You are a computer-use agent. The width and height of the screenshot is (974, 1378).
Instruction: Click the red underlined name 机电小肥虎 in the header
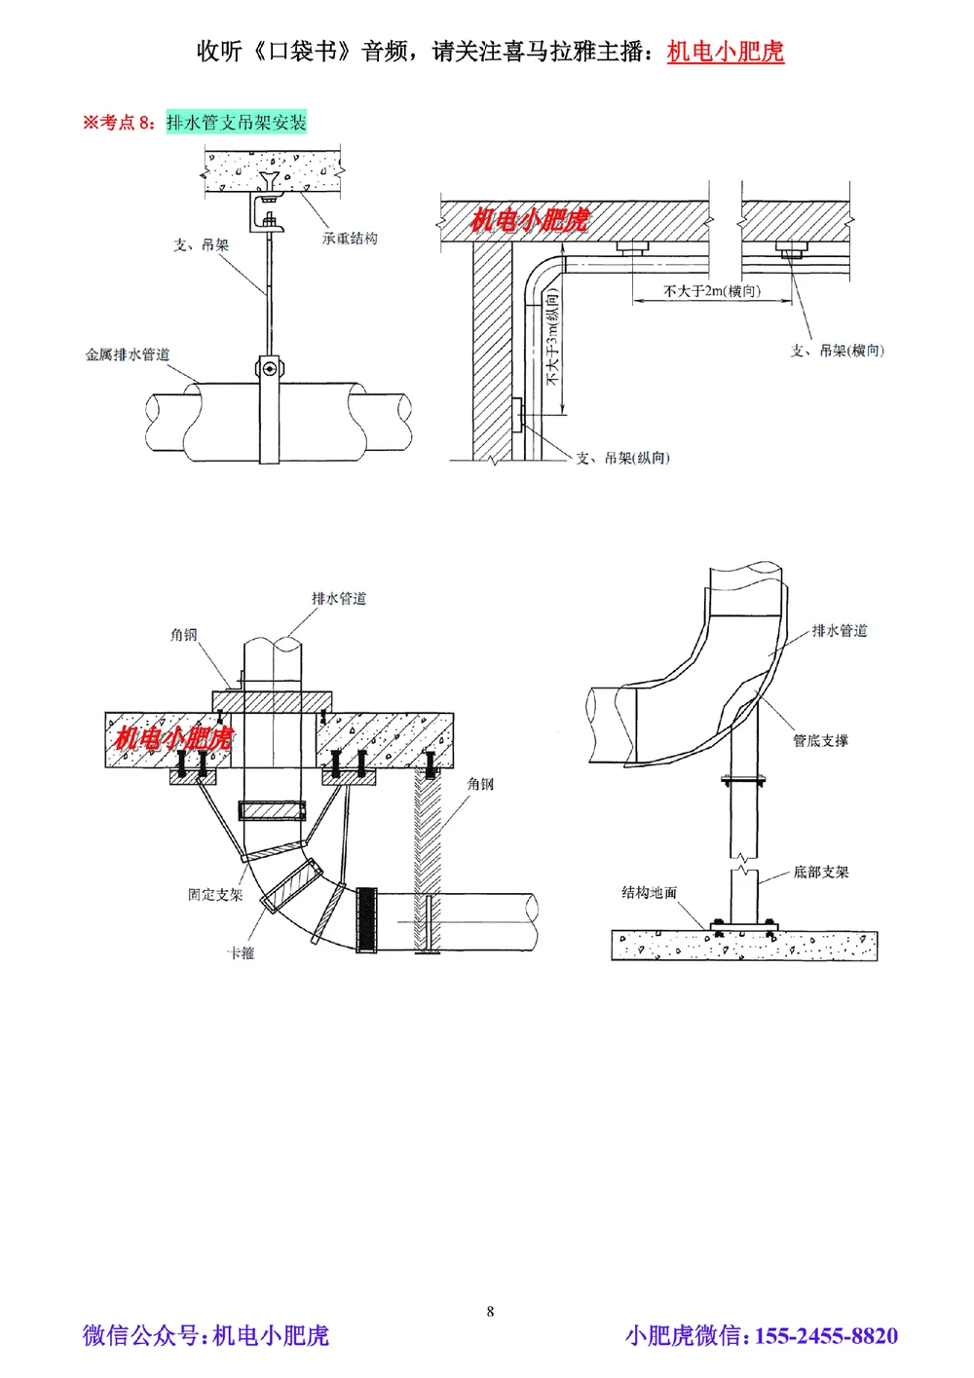pyautogui.click(x=725, y=52)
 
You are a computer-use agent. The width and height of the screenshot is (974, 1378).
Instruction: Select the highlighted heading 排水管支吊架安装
pyautogui.click(x=236, y=123)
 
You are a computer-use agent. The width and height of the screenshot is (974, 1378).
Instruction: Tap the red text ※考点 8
pyautogui.click(x=118, y=123)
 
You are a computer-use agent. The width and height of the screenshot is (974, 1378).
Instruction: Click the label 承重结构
pyautogui.click(x=350, y=239)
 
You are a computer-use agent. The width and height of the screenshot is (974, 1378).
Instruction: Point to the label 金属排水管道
pyautogui.click(x=127, y=354)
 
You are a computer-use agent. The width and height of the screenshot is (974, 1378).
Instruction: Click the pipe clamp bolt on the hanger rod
pyautogui.click(x=267, y=368)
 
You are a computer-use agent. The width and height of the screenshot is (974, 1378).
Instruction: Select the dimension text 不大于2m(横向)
pyautogui.click(x=712, y=290)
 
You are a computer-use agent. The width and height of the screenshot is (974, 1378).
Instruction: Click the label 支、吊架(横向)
pyautogui.click(x=837, y=351)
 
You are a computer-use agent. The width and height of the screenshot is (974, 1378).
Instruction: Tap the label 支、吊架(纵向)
pyautogui.click(x=622, y=458)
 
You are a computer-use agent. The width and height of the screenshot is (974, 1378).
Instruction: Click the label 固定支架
pyautogui.click(x=214, y=894)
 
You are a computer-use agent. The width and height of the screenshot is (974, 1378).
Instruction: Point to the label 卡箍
pyautogui.click(x=241, y=953)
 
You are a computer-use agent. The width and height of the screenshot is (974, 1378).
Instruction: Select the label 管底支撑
pyautogui.click(x=820, y=741)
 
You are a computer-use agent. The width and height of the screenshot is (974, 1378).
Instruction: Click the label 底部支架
pyautogui.click(x=820, y=873)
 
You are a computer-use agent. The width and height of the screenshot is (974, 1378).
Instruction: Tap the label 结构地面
pyautogui.click(x=649, y=892)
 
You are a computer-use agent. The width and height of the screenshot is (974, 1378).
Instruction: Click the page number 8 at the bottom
pyautogui.click(x=490, y=1311)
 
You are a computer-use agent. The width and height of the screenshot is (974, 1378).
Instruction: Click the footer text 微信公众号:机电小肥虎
pyautogui.click(x=206, y=1336)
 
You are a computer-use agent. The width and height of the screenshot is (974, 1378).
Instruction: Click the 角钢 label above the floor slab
pyautogui.click(x=184, y=635)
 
